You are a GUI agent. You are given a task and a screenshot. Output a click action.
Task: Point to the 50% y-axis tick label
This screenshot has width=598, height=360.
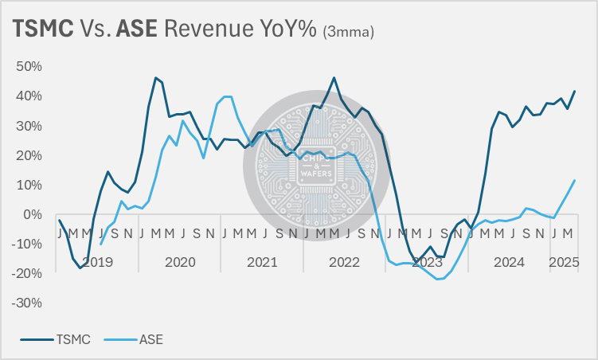(29, 65)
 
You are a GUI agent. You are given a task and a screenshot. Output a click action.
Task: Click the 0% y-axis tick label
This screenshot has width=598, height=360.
(33, 214)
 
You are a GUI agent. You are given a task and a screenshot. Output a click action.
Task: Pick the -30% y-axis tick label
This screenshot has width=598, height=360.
(27, 303)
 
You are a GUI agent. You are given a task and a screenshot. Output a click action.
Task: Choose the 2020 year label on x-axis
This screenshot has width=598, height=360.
(180, 261)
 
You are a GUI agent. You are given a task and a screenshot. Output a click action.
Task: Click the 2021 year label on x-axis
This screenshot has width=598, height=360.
(262, 261)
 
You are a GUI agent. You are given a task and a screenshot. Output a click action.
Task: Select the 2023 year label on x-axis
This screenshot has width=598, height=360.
(427, 261)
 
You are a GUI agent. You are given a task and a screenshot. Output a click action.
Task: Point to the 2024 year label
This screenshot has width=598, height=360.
(510, 261)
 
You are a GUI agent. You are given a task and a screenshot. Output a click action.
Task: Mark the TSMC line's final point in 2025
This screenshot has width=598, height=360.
(575, 91)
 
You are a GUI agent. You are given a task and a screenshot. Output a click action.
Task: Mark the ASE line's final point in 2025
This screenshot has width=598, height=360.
(575, 180)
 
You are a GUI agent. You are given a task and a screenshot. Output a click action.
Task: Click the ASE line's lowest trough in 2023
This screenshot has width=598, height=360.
(437, 279)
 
